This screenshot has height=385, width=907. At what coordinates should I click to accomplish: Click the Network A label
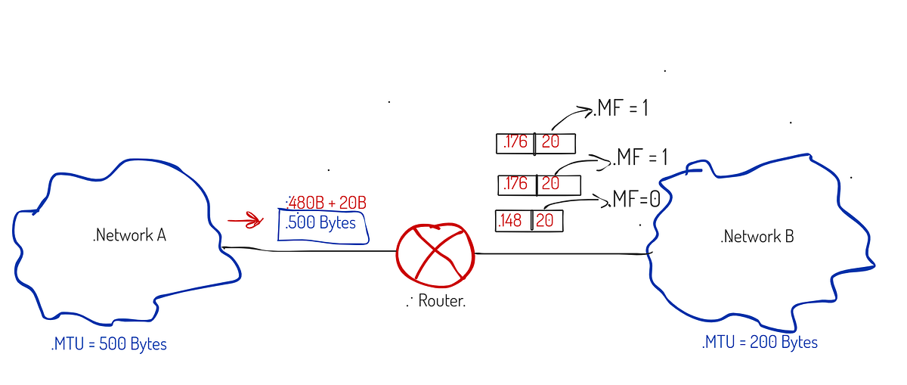[129, 235]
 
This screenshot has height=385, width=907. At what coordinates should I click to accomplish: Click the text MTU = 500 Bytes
[109, 344]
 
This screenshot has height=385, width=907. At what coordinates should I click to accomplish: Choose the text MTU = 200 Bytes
[760, 342]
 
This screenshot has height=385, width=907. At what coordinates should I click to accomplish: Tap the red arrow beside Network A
[244, 222]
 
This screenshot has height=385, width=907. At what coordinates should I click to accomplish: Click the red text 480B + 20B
[327, 203]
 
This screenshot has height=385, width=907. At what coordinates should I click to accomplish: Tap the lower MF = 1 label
[640, 158]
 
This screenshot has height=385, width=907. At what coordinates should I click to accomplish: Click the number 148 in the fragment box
[512, 221]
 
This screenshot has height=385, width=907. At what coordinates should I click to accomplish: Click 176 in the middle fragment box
[517, 184]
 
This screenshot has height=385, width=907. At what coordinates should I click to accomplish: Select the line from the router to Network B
[559, 254]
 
